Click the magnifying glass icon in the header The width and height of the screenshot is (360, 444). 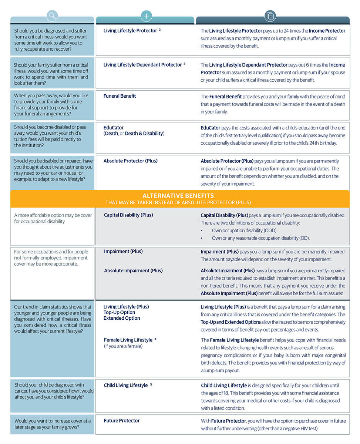(53, 16)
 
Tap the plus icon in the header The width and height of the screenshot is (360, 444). (147, 16)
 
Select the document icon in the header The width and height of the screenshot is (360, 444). (270, 16)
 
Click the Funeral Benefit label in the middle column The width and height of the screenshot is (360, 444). (120, 96)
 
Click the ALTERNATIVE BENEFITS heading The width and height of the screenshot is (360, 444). (178, 196)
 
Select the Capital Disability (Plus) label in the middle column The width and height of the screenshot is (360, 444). (128, 215)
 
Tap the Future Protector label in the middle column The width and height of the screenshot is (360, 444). (122, 420)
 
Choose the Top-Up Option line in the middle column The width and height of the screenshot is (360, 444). (119, 312)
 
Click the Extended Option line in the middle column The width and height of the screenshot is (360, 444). (122, 318)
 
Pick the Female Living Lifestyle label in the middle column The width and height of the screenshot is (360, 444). (128, 340)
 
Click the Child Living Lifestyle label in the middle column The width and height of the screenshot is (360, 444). (126, 385)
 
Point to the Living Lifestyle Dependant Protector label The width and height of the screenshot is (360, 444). (142, 65)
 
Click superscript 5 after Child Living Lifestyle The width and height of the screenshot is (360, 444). (151, 384)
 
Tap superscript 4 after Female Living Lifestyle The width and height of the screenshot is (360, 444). (155, 339)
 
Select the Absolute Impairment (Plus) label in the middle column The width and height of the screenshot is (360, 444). (133, 270)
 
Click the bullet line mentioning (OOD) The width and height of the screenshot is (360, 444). (244, 231)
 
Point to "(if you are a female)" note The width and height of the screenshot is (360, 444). (123, 346)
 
